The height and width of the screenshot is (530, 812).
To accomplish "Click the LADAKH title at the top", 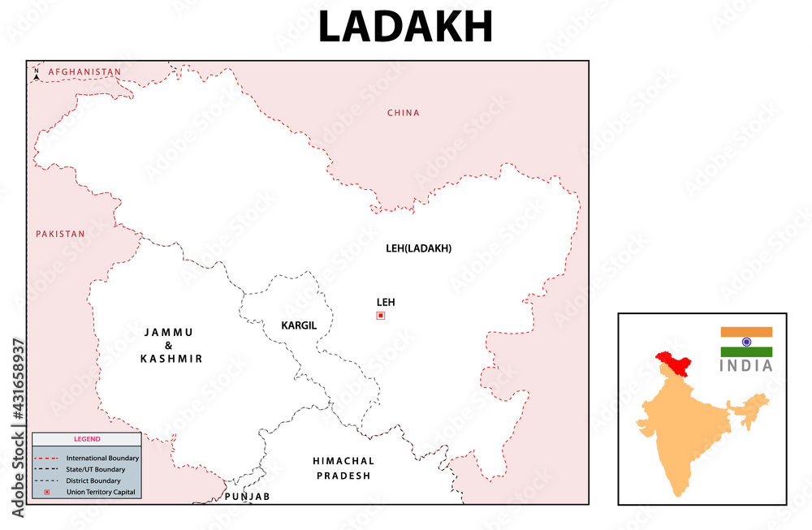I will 405,28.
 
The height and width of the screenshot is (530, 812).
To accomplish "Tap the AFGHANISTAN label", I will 84,72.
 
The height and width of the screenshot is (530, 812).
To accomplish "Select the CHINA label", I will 403,113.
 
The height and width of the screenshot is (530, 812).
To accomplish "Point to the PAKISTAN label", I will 60,234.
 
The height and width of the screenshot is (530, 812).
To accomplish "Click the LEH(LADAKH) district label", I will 418,248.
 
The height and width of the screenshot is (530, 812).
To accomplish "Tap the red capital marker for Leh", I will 380,316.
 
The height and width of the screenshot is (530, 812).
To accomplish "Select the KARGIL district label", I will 298,325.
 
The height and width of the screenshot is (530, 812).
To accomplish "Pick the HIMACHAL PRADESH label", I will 343,468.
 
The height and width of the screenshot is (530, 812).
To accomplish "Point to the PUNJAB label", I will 247,496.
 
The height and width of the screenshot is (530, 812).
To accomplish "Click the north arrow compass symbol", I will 37,75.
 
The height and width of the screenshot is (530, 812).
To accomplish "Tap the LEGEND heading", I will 87,439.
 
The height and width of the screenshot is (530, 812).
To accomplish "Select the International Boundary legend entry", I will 102,459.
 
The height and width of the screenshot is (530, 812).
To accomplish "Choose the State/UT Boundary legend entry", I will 96,470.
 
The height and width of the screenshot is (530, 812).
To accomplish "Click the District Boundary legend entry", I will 93,481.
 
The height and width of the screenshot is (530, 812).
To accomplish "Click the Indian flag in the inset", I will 746,342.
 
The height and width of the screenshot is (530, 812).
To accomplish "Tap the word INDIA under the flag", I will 746,366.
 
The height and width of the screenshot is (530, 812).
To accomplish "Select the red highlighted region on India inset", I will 673,362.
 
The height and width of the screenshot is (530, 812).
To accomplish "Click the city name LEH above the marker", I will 385,302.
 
